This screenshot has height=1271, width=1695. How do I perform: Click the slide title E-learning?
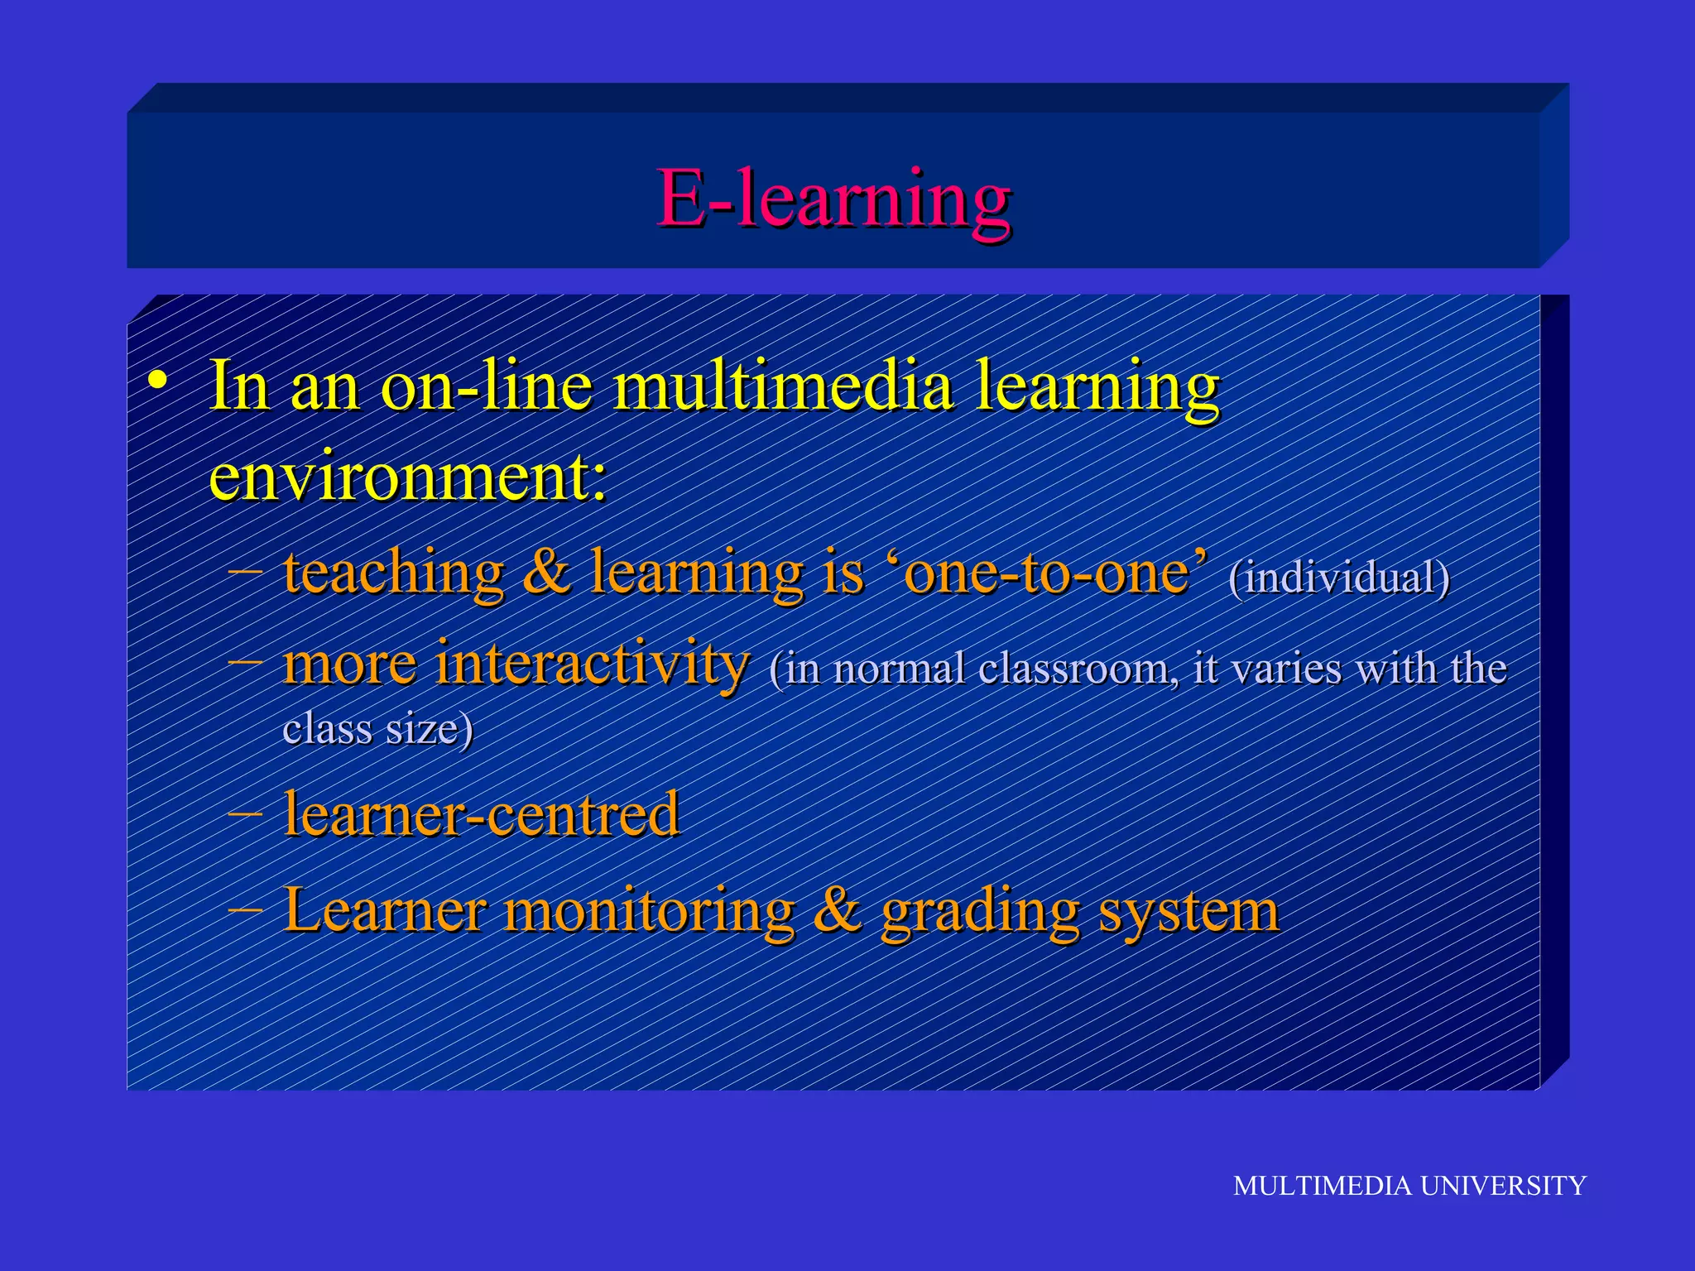pyautogui.click(x=833, y=199)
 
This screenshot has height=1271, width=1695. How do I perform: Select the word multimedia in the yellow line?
pyautogui.click(x=782, y=386)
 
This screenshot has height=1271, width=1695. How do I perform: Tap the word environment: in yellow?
pyautogui.click(x=407, y=477)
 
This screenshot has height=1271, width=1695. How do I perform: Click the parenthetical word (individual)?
pyautogui.click(x=1339, y=578)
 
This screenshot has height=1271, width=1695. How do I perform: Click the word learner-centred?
pyautogui.click(x=481, y=814)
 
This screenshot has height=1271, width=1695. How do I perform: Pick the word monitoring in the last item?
pyautogui.click(x=650, y=910)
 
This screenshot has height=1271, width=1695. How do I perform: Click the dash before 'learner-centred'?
pyautogui.click(x=246, y=814)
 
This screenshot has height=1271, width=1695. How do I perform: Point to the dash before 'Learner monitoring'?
pyautogui.click(x=246, y=910)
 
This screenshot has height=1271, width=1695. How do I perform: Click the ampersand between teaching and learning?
pyautogui.click(x=546, y=573)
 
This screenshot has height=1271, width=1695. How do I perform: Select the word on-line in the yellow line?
pyautogui.click(x=487, y=386)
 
